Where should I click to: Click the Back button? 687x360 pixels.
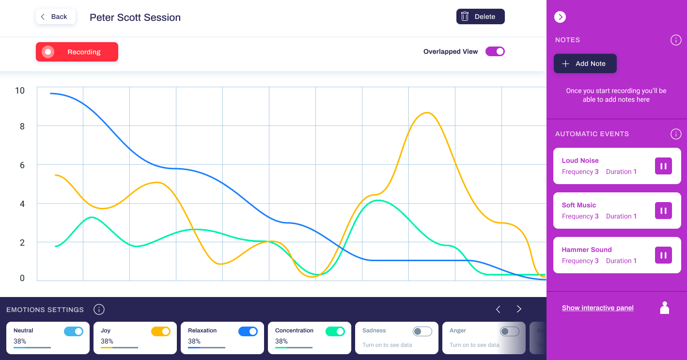pyautogui.click(x=55, y=17)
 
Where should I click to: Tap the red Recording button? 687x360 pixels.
pyautogui.click(x=77, y=52)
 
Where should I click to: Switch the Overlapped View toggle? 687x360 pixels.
pyautogui.click(x=495, y=51)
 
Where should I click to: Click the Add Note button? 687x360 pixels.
pyautogui.click(x=585, y=63)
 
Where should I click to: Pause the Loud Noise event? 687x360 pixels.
pyautogui.click(x=663, y=166)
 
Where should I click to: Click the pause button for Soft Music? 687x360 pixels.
pyautogui.click(x=663, y=211)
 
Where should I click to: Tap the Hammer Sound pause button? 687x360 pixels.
pyautogui.click(x=663, y=255)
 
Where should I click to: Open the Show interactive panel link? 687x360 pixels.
pyautogui.click(x=597, y=308)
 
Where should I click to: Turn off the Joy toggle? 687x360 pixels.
pyautogui.click(x=161, y=331)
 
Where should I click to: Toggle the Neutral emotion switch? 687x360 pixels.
pyautogui.click(x=74, y=331)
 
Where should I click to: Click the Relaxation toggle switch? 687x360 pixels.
pyautogui.click(x=248, y=331)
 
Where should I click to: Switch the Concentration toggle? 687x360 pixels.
pyautogui.click(x=335, y=331)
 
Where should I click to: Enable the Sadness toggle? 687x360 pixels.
pyautogui.click(x=422, y=331)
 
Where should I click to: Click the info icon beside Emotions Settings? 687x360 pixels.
pyautogui.click(x=99, y=310)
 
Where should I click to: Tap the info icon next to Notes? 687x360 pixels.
pyautogui.click(x=676, y=40)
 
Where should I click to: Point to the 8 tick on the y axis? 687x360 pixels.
pyautogui.click(x=22, y=126)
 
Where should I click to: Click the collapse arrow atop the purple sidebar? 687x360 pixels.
pyautogui.click(x=560, y=17)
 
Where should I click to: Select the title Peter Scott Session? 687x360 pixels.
pyautogui.click(x=135, y=17)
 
